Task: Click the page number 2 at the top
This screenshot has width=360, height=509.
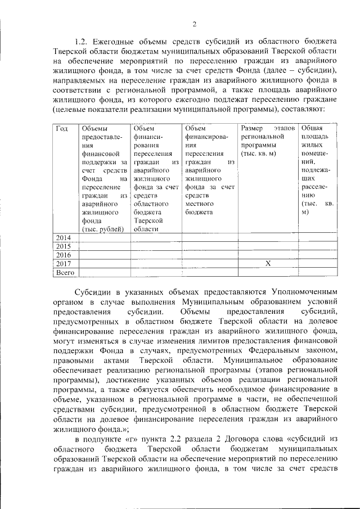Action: click(x=194, y=24)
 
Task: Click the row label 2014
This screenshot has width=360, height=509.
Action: click(x=63, y=237)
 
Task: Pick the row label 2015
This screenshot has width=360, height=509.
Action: click(x=63, y=246)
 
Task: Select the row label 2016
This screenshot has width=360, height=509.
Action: click(x=63, y=254)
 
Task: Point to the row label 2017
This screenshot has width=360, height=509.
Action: click(x=63, y=263)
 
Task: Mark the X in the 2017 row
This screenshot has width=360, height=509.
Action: click(x=268, y=263)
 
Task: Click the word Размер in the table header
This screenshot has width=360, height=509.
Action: click(x=251, y=129)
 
